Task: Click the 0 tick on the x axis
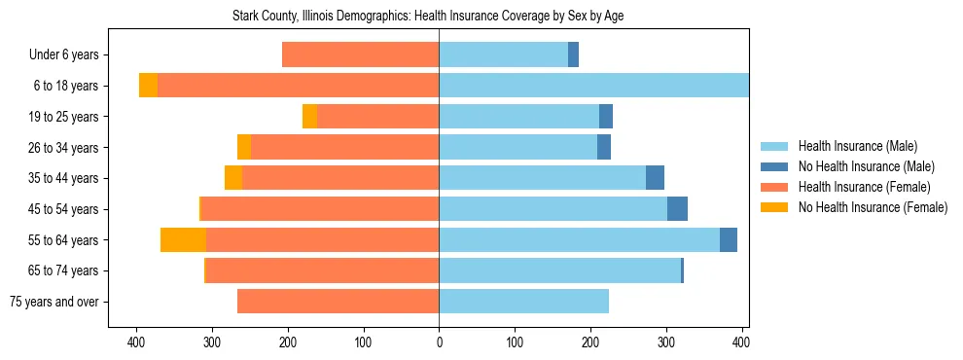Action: [x=439, y=342]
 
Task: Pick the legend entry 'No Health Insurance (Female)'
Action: [x=873, y=207]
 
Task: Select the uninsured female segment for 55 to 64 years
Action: [x=183, y=240]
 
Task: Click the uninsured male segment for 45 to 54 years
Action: [x=677, y=209]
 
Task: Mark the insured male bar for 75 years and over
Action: [x=523, y=302]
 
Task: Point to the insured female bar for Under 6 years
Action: [x=360, y=55]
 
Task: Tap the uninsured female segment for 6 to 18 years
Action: [x=148, y=86]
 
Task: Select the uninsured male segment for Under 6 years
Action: [x=573, y=55]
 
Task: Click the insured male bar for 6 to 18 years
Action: [x=593, y=86]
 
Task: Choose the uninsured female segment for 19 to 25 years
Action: [x=309, y=117]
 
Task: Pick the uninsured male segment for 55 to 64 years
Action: [x=728, y=240]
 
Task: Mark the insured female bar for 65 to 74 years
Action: [x=371, y=270]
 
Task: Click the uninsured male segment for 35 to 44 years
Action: [x=655, y=178]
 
